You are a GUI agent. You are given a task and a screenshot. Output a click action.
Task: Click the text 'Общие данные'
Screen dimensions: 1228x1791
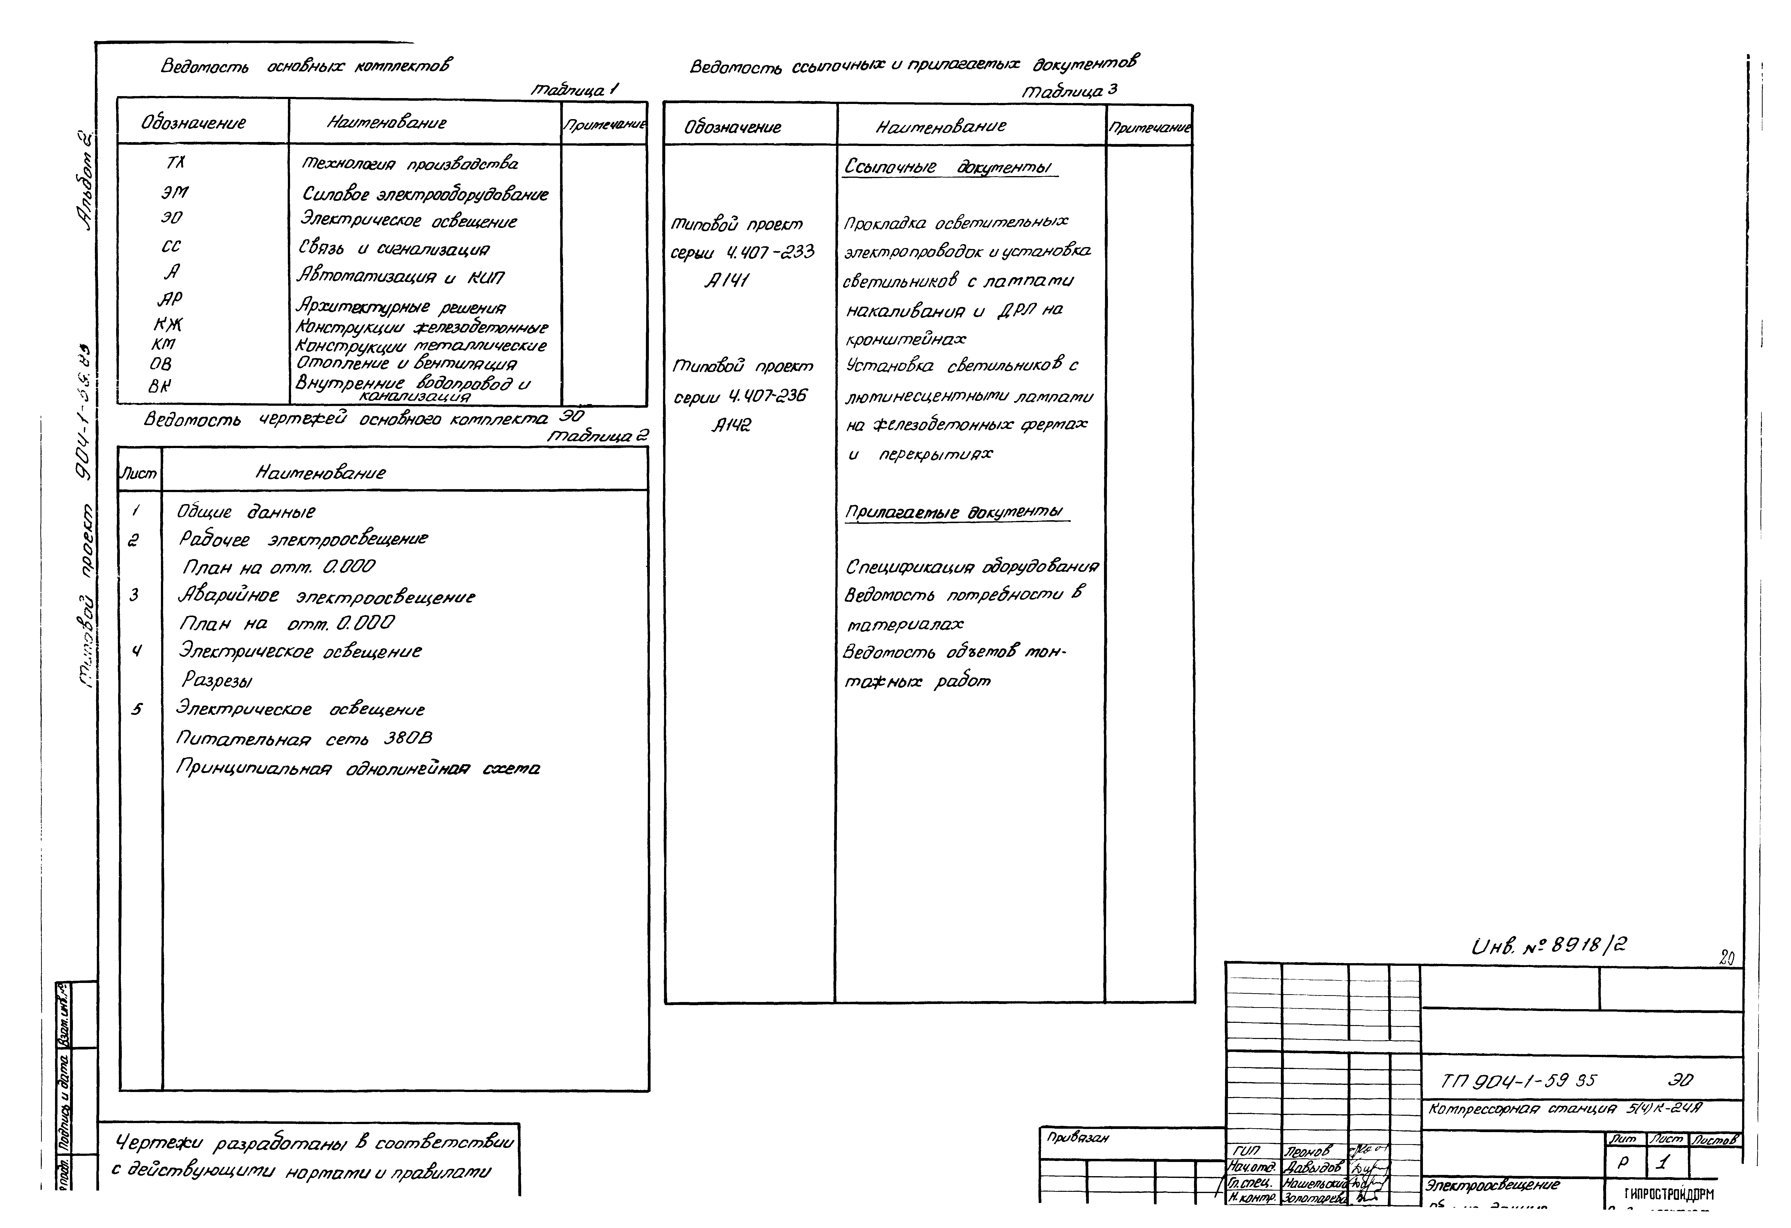point(246,512)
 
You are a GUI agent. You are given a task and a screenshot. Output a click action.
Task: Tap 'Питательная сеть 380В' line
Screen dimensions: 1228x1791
point(304,739)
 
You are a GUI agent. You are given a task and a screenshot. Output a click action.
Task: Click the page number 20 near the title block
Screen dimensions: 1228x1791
point(1726,958)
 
